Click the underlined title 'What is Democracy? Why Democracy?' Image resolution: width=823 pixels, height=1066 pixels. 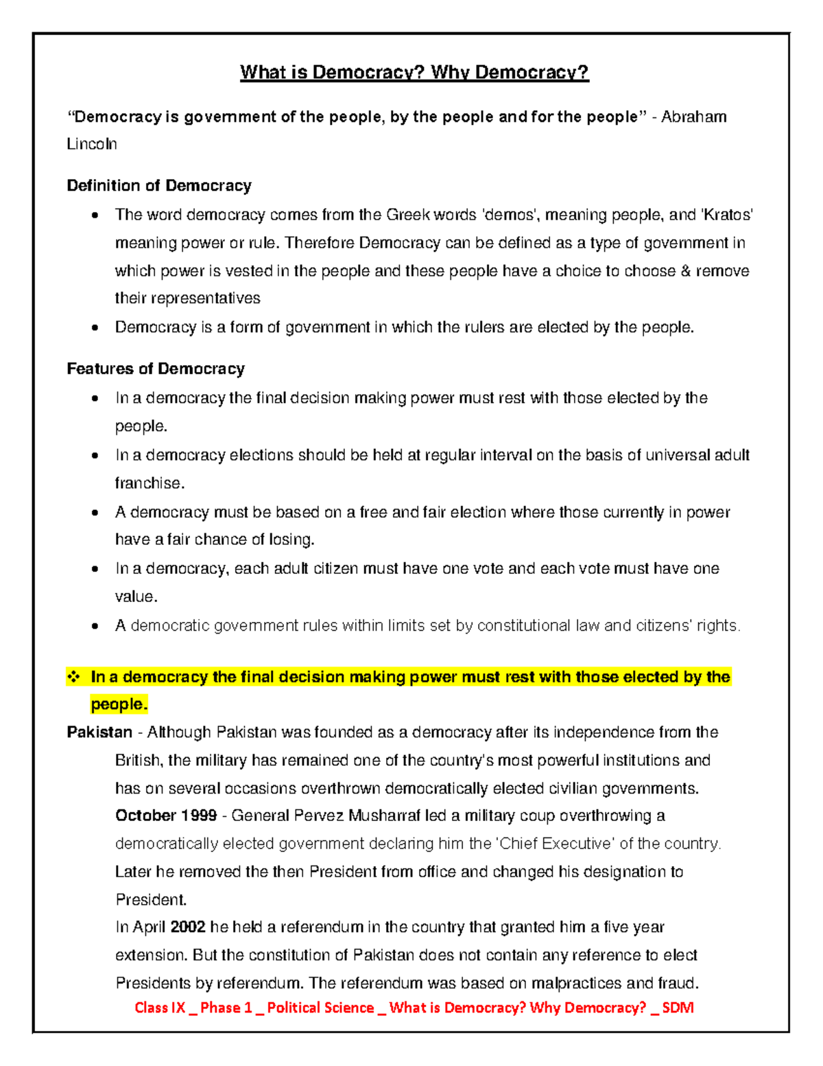pyautogui.click(x=414, y=72)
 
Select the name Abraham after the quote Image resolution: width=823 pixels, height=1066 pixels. pyautogui.click(x=693, y=117)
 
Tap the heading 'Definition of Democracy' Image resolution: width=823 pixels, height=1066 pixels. pyautogui.click(x=159, y=185)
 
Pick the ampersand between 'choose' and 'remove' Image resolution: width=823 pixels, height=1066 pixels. pyautogui.click(x=685, y=271)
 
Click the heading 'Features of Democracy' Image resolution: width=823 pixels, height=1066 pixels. pyautogui.click(x=156, y=369)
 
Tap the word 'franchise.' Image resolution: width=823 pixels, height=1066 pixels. pyautogui.click(x=150, y=483)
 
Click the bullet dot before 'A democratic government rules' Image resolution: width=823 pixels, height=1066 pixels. pyautogui.click(x=95, y=626)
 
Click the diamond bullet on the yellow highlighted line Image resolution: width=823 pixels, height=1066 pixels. pyautogui.click(x=73, y=677)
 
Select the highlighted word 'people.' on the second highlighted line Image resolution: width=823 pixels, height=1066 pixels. pyautogui.click(x=119, y=704)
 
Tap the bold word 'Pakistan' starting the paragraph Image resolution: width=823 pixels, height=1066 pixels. pyautogui.click(x=99, y=732)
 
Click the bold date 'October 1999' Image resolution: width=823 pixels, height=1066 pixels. pyautogui.click(x=166, y=815)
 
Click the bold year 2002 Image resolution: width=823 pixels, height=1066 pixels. pyautogui.click(x=188, y=927)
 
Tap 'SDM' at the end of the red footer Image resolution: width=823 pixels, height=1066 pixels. pyautogui.click(x=678, y=1008)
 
